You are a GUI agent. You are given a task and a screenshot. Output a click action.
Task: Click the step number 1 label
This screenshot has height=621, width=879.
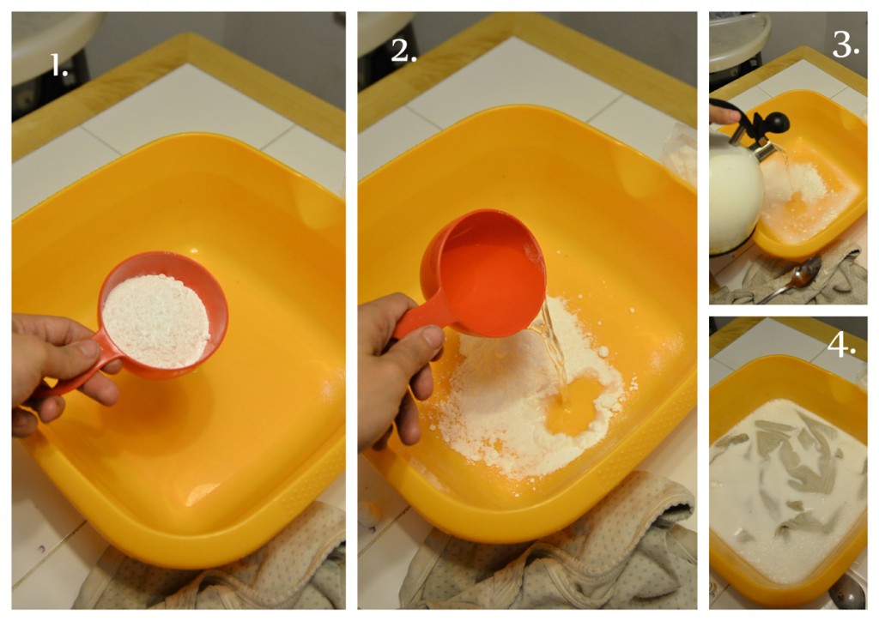tap(59, 65)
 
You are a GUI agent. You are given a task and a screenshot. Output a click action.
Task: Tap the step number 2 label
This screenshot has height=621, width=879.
tap(403, 51)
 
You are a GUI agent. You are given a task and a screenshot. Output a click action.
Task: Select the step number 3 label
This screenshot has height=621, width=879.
tap(846, 45)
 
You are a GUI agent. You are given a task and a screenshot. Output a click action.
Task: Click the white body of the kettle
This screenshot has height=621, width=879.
tap(736, 193)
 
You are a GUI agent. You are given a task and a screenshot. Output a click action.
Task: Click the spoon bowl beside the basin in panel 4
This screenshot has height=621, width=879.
tap(847, 591)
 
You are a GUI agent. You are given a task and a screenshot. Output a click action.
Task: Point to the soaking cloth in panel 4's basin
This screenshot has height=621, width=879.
tap(788, 476)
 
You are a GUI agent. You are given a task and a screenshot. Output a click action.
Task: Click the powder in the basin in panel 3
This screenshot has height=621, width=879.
tap(796, 182)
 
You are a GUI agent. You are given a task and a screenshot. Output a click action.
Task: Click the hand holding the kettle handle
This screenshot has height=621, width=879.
tap(723, 114)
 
